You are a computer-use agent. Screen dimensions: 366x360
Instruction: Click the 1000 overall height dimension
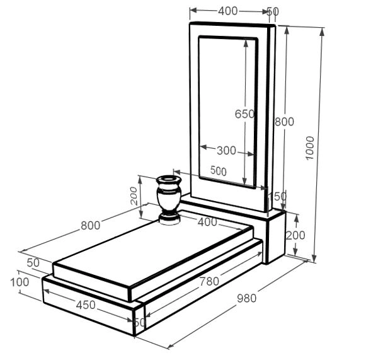[310, 148]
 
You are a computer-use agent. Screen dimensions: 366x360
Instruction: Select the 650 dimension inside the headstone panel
[244, 114]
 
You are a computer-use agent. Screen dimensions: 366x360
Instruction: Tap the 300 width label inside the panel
[226, 151]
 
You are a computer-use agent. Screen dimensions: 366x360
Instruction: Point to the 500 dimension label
[219, 171]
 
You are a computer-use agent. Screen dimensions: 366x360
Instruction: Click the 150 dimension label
[277, 196]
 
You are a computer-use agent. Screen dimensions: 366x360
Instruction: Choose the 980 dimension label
[246, 298]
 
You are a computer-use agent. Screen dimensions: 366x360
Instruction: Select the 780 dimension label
[209, 281]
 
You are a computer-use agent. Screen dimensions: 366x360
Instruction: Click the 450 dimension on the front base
[86, 305]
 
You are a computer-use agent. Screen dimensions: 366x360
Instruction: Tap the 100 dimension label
[20, 282]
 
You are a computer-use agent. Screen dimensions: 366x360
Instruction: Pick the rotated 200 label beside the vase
[134, 196]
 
